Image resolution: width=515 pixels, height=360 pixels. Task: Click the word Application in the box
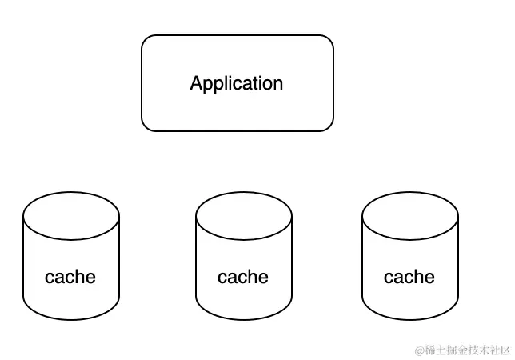pos(237,83)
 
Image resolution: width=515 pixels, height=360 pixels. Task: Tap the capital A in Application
pos(197,83)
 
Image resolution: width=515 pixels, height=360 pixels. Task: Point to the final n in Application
pos(277,84)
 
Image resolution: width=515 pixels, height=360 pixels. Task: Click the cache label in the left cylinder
pos(70,277)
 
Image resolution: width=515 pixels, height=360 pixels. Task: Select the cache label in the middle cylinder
pos(243,277)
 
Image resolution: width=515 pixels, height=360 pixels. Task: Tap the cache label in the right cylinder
pos(409,277)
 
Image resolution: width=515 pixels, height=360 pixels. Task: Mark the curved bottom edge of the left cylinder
pos(71,319)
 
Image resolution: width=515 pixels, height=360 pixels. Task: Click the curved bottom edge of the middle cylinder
pos(244,319)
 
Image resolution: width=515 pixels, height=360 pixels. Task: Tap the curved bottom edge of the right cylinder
pos(410,319)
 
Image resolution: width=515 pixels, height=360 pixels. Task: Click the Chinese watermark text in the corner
pos(467,350)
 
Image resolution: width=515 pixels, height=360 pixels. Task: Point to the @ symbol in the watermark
pos(418,350)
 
